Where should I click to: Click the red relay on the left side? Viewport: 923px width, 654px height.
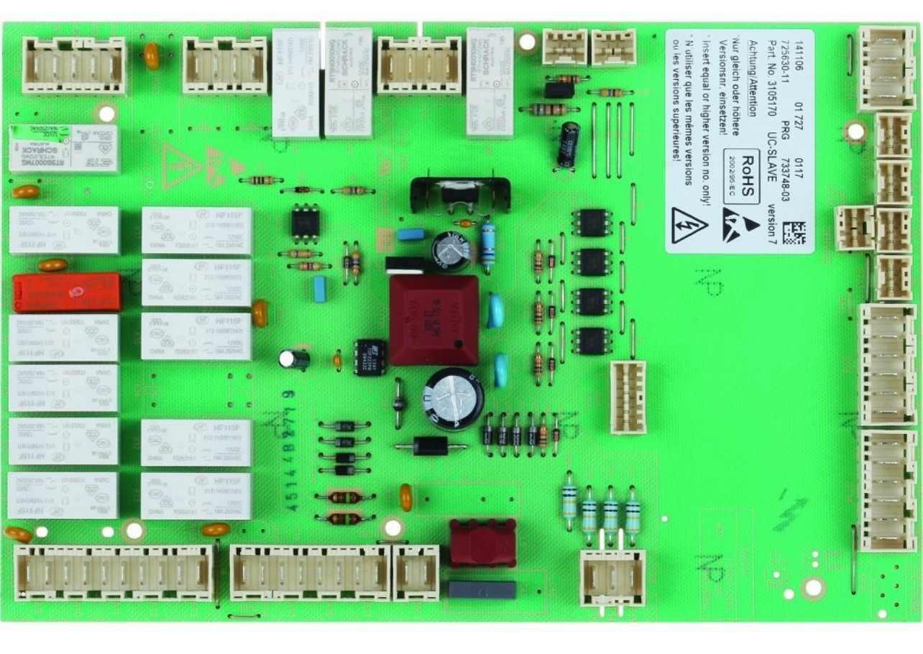pyautogui.click(x=66, y=292)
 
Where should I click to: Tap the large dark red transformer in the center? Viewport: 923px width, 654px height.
pyautogui.click(x=433, y=319)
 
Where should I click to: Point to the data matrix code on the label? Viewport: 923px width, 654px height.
pyautogui.click(x=794, y=233)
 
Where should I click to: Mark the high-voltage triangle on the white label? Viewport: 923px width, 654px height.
pyautogui.click(x=689, y=225)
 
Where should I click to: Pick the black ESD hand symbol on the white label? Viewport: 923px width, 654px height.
pyautogui.click(x=741, y=225)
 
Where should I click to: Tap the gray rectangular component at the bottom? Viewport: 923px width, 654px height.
pyautogui.click(x=482, y=590)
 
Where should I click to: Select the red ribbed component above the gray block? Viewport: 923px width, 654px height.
pyautogui.click(x=482, y=543)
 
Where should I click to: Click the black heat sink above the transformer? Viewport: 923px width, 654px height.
pyautogui.click(x=460, y=193)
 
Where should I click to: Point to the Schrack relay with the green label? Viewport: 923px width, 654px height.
pyautogui.click(x=64, y=148)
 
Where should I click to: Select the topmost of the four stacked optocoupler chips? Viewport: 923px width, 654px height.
pyautogui.click(x=592, y=222)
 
